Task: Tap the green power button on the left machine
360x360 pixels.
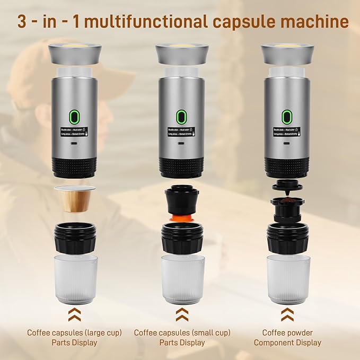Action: (x=75, y=115)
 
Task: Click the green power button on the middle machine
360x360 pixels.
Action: (x=181, y=115)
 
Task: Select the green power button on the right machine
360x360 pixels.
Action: (x=286, y=115)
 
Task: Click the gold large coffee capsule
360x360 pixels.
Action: (x=75, y=199)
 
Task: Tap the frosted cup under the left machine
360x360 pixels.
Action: (x=76, y=278)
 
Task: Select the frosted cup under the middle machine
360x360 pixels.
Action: (x=182, y=278)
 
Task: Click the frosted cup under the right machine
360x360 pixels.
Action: (x=288, y=278)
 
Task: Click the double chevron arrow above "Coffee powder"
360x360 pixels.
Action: (x=287, y=314)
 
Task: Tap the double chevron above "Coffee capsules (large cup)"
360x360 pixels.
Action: (x=75, y=314)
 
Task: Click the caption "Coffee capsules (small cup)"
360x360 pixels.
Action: (x=182, y=332)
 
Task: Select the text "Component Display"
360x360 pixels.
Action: (x=287, y=343)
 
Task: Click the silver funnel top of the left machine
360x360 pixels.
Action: (x=75, y=54)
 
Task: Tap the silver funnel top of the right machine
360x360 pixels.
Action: (x=287, y=54)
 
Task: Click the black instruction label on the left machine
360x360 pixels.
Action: (x=75, y=131)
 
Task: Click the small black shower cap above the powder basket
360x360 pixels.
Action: (x=287, y=186)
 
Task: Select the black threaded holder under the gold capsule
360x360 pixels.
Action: (x=75, y=237)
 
